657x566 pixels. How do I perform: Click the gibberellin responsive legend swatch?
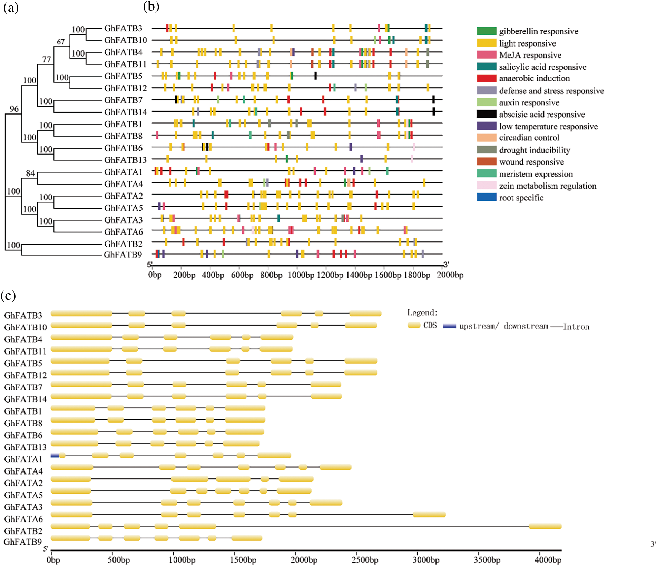[x=487, y=31]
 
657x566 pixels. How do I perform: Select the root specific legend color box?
[x=487, y=197]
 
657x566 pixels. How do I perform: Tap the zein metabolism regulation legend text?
[x=548, y=186]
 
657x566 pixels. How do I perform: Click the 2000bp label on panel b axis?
[x=450, y=275]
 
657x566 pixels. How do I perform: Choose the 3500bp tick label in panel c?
[x=487, y=559]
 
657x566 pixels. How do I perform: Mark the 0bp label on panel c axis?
[x=53, y=559]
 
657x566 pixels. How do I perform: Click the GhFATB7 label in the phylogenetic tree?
[x=123, y=100]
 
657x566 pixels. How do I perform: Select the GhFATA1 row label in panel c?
[x=23, y=459]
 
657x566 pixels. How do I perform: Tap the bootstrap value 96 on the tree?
[x=14, y=109]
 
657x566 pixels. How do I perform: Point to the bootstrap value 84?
[x=30, y=173]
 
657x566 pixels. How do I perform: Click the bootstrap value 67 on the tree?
[x=61, y=42]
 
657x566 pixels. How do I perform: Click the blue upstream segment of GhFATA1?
[x=55, y=456]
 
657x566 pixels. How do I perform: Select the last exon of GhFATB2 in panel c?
[x=545, y=526]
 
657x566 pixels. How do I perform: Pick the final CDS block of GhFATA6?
[x=429, y=515]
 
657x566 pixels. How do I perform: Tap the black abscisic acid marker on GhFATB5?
[x=315, y=76]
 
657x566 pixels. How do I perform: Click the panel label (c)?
[x=8, y=296]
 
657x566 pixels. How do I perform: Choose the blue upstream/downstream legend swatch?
[x=449, y=326]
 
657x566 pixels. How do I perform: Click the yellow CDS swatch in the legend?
[x=414, y=325]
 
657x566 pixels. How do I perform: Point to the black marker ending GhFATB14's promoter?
[x=434, y=111]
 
